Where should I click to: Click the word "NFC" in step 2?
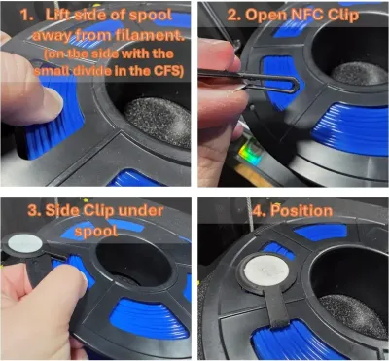295,15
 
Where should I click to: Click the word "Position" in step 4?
301,210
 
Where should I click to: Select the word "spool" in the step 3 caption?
96,232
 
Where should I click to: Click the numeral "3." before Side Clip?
35,211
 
